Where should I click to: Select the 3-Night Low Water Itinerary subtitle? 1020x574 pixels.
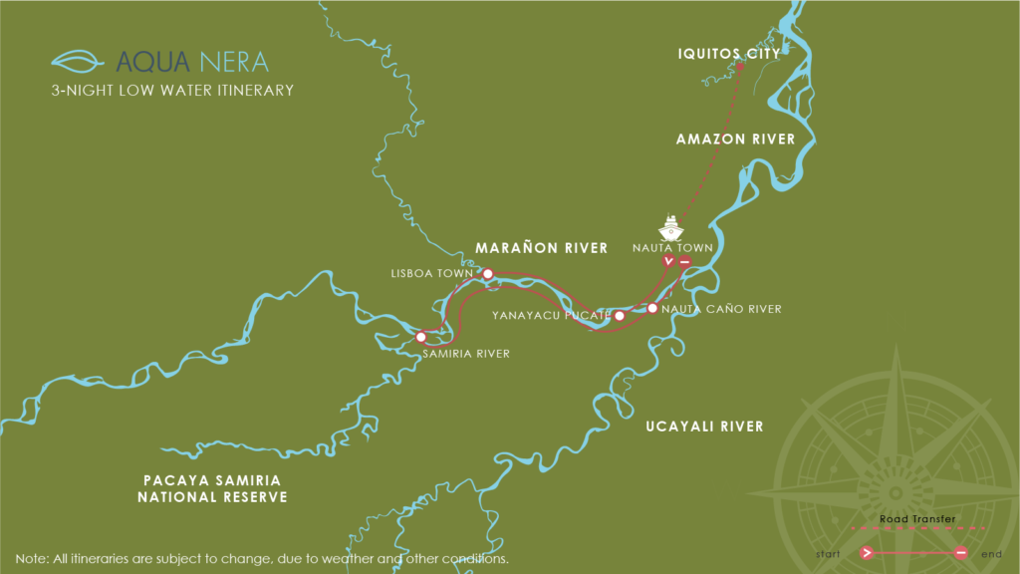[172, 91]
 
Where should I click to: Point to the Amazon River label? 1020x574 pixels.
[735, 140]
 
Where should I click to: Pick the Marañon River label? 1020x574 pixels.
[541, 247]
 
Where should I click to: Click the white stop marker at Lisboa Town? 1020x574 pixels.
[487, 273]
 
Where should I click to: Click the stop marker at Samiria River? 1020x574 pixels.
[421, 337]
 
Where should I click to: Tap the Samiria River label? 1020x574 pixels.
[466, 354]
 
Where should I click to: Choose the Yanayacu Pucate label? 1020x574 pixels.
[550, 316]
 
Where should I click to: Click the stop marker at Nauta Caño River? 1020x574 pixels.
[651, 309]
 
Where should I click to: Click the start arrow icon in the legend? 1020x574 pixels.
[868, 552]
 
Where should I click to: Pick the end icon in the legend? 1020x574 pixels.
[961, 552]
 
